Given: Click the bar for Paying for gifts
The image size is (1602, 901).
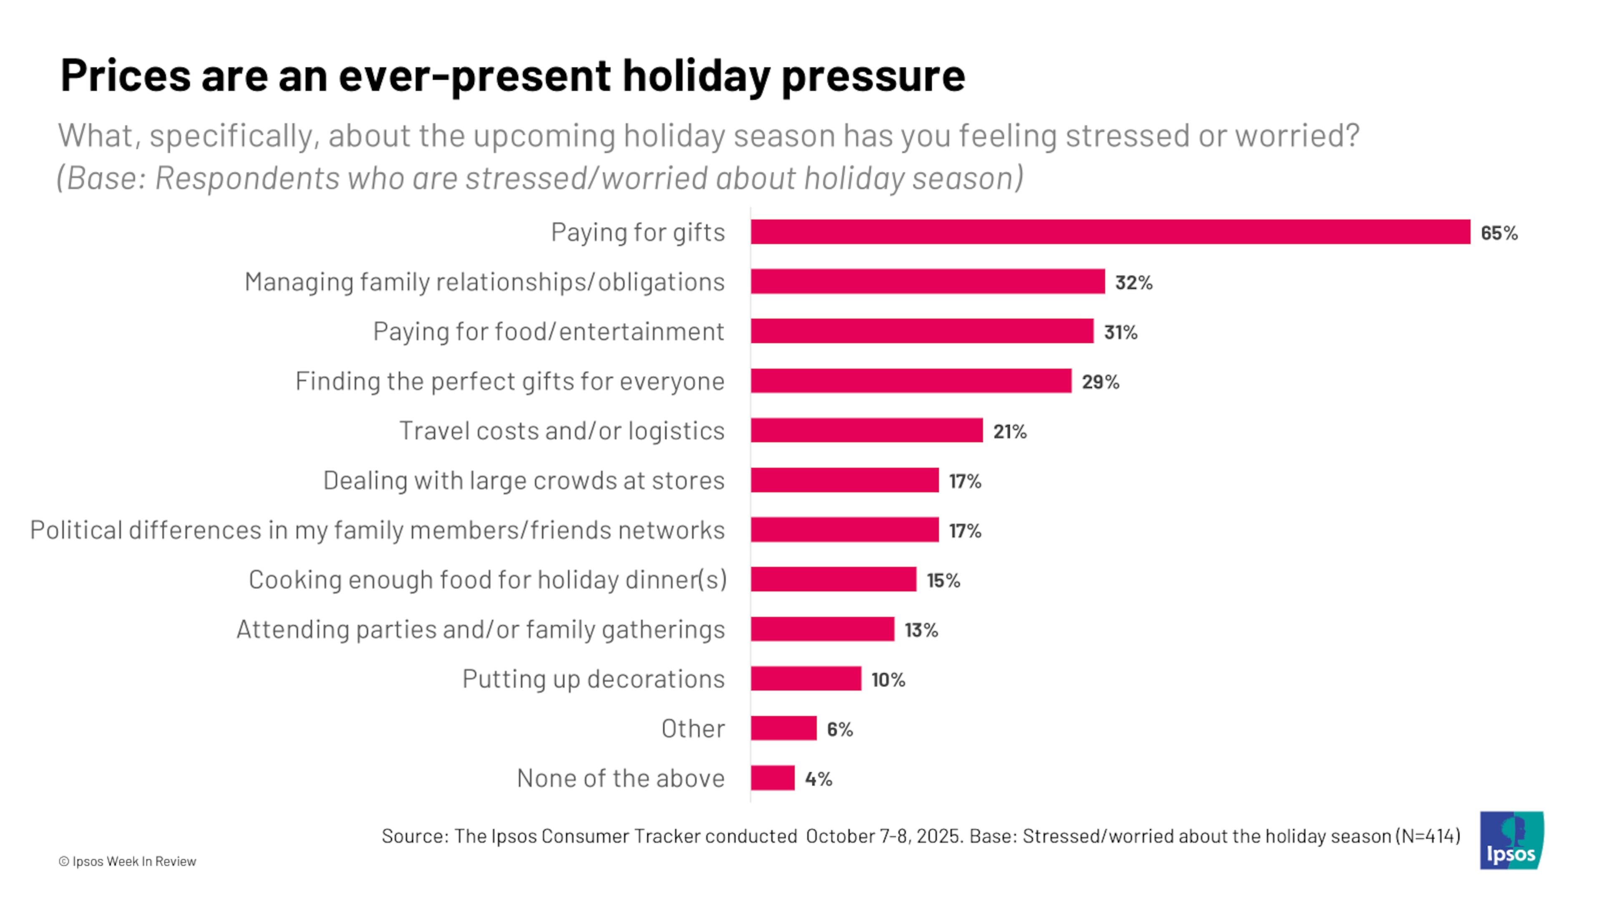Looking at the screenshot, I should coord(1110,232).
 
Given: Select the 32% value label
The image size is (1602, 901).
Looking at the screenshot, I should coord(1133,282).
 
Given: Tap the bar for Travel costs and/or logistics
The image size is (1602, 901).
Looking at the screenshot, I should coord(866,430).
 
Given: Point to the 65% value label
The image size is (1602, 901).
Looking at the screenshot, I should coord(1499,233).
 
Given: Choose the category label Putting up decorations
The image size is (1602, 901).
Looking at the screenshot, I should coord(593,679).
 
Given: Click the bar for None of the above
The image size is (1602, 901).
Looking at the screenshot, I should coord(772,778).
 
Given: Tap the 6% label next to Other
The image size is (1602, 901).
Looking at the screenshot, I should coord(839,730).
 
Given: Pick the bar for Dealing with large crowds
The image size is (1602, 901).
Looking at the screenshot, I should coord(844,480).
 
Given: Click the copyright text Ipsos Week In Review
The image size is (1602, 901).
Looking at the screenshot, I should coord(128,861).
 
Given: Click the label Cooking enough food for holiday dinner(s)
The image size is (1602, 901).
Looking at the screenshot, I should coord(488,579).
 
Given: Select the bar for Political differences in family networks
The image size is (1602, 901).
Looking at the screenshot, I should coord(844,530).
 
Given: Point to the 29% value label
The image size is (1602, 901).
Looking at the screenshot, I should coord(1100,382).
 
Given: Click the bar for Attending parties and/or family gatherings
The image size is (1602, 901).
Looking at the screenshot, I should coord(822,629).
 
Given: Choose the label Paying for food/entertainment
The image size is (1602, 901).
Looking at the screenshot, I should coord(549,332).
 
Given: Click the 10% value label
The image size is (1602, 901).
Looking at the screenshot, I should coord(887,680).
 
